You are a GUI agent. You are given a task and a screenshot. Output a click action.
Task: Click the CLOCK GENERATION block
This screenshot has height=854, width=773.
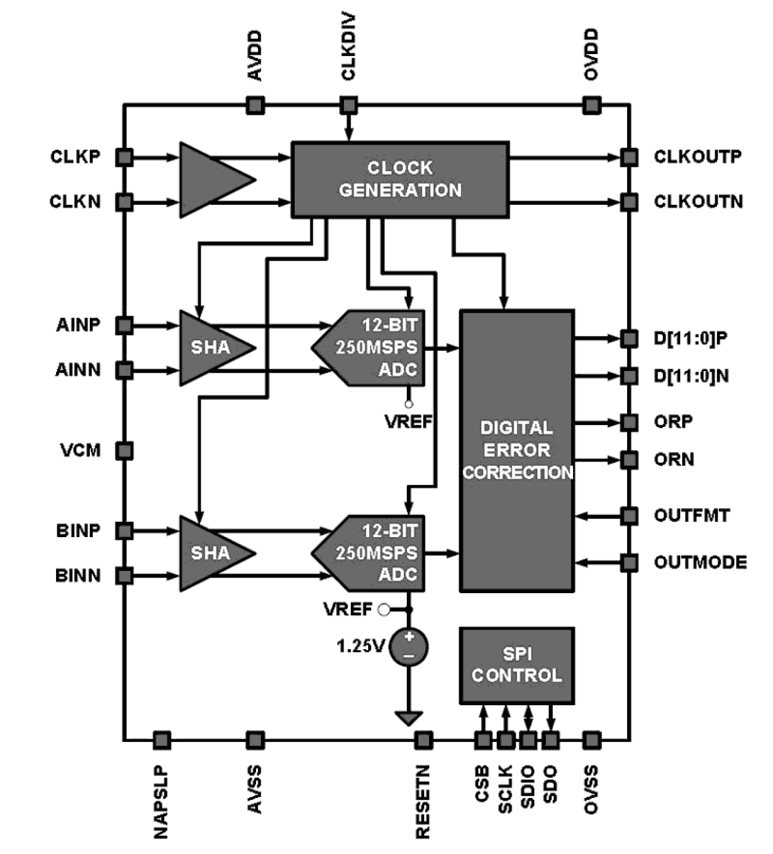[x=399, y=180]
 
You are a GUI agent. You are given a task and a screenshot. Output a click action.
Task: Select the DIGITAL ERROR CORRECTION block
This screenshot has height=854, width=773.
[x=516, y=450]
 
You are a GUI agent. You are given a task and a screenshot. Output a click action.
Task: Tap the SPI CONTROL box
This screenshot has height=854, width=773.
[x=516, y=666]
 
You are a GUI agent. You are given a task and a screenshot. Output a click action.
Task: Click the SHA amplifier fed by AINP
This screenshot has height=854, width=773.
[x=209, y=348]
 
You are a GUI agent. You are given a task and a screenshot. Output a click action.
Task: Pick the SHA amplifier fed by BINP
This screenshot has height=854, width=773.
[x=209, y=553]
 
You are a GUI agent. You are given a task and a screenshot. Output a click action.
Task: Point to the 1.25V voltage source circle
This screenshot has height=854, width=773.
[x=408, y=647]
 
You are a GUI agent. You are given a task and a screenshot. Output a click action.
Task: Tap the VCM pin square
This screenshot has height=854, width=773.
[x=124, y=450]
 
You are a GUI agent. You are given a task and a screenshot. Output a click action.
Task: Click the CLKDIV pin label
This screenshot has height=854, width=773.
[x=348, y=47]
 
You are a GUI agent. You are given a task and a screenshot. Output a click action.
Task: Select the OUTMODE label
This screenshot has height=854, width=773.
[x=700, y=562]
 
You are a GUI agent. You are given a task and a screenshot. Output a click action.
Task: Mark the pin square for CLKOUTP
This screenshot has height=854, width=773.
[x=628, y=157]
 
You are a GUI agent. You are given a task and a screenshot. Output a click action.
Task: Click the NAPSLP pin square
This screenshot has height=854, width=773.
[x=161, y=740]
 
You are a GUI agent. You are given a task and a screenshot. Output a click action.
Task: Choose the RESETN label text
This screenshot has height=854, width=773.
[x=423, y=801]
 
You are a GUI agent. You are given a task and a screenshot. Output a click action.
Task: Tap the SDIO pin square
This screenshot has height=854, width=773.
[x=528, y=740]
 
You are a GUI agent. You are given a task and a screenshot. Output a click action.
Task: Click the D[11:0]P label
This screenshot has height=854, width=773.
[x=691, y=338]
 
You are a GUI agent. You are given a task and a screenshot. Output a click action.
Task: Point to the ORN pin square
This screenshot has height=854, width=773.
[x=628, y=460]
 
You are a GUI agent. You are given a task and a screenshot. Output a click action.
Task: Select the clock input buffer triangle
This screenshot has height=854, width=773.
[x=212, y=180]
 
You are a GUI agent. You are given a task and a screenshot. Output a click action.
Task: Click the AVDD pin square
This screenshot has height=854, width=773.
[x=255, y=105]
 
